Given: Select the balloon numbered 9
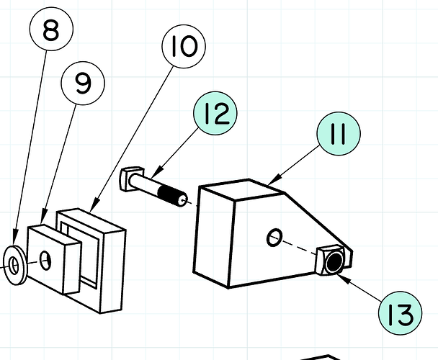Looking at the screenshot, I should point(83,84).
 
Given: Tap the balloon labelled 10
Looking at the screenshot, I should point(184,47).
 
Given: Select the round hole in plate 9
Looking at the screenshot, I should point(48,259).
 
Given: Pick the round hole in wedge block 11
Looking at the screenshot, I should point(274,237).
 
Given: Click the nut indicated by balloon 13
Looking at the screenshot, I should point(333,262).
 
